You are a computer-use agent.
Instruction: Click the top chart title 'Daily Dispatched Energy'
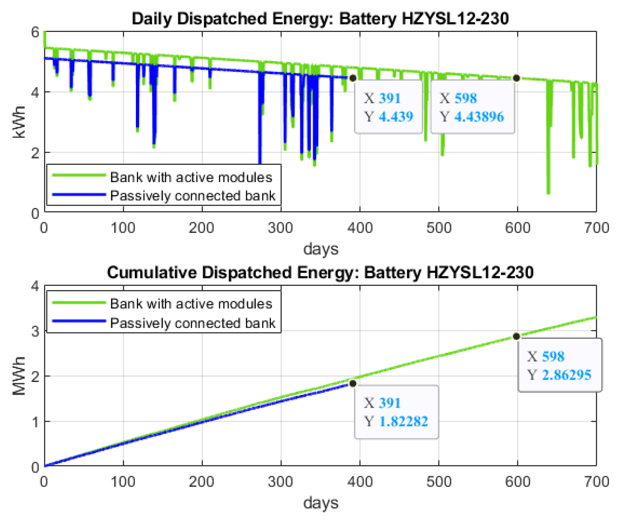pyautogui.click(x=320, y=18)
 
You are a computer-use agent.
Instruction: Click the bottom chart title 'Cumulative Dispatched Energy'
pyautogui.click(x=320, y=272)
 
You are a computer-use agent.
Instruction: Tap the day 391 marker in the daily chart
pyautogui.click(x=352, y=78)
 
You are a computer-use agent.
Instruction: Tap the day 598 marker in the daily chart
pyautogui.click(x=516, y=78)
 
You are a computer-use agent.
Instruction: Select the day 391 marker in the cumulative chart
pyautogui.click(x=352, y=384)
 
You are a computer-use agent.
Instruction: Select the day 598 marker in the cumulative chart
pyautogui.click(x=516, y=337)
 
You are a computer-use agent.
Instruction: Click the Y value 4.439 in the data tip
pyautogui.click(x=396, y=117)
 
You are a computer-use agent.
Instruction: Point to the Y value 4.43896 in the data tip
pyautogui.click(x=479, y=117)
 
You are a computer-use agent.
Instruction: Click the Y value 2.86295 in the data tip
pyautogui.click(x=566, y=375)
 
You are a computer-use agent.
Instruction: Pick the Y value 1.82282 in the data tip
pyautogui.click(x=403, y=421)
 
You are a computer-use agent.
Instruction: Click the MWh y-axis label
pyautogui.click(x=18, y=376)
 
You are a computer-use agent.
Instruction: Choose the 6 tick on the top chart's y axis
pyautogui.click(x=35, y=32)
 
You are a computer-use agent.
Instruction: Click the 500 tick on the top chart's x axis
pyautogui.click(x=439, y=228)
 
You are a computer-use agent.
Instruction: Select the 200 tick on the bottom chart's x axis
pyautogui.click(x=202, y=482)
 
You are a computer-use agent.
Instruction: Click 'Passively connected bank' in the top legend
pyautogui.click(x=192, y=196)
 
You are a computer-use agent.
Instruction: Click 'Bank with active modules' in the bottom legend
pyautogui.click(x=191, y=304)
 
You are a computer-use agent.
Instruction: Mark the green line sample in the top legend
pyautogui.click(x=79, y=175)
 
